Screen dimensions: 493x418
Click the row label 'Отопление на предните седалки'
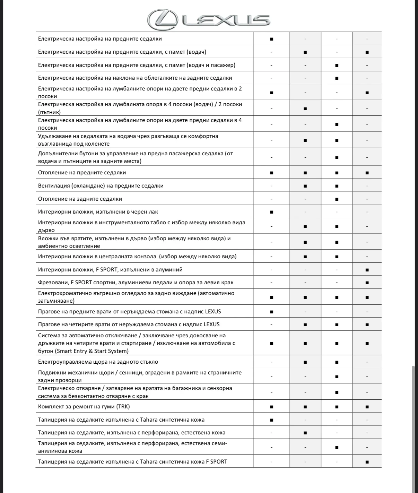tap(82, 173)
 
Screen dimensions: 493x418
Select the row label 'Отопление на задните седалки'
tap(80, 199)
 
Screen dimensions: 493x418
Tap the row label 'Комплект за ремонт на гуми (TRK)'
tap(84, 406)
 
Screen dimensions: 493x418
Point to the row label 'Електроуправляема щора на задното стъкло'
tap(98, 362)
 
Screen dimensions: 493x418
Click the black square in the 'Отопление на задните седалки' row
tap(337, 199)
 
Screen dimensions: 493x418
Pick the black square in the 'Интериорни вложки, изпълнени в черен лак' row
tap(271, 212)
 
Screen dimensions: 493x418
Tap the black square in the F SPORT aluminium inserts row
tap(367, 270)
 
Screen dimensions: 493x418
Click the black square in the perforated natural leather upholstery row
tap(305, 433)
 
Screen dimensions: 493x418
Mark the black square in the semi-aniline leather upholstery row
tap(337, 447)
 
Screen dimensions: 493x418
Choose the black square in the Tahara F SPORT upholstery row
tap(367, 462)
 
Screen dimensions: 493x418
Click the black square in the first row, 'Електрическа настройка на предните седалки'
tap(271, 39)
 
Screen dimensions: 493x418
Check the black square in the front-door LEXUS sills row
tap(271, 312)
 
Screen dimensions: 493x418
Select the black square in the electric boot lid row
tap(337, 392)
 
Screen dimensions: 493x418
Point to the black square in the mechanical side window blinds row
tap(337, 377)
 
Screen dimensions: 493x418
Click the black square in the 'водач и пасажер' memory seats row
tap(337, 65)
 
